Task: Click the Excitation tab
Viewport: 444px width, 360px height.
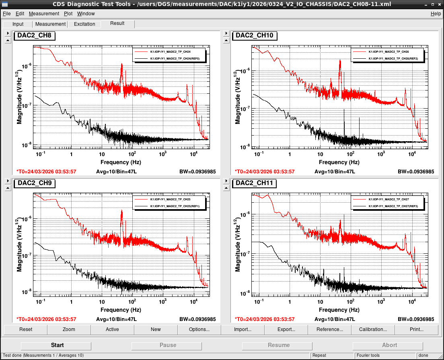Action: point(84,24)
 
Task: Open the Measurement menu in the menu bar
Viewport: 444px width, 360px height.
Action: point(44,14)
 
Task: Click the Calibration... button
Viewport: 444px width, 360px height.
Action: point(373,329)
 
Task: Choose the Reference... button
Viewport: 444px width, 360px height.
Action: point(330,329)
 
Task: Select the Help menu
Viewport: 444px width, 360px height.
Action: point(436,14)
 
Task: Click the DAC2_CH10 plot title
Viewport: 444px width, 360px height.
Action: point(254,35)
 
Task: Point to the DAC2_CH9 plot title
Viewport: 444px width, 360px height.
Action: point(35,183)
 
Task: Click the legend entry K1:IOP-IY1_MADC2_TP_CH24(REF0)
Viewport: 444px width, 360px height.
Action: point(175,59)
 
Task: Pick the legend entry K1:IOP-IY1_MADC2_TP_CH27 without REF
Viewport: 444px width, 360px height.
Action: point(388,200)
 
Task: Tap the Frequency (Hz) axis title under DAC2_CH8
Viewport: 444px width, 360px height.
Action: point(121,162)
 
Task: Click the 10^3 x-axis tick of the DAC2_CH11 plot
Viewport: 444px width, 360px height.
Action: point(381,302)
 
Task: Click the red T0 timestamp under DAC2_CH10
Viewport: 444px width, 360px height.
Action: point(265,172)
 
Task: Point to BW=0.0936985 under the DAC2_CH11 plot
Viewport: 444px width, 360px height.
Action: point(416,319)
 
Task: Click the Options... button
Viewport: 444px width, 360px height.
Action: point(199,329)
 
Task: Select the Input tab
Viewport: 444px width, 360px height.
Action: point(18,24)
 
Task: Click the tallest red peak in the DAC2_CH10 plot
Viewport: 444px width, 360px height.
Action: point(340,60)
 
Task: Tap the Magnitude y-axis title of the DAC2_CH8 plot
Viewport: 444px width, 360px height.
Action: point(18,97)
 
